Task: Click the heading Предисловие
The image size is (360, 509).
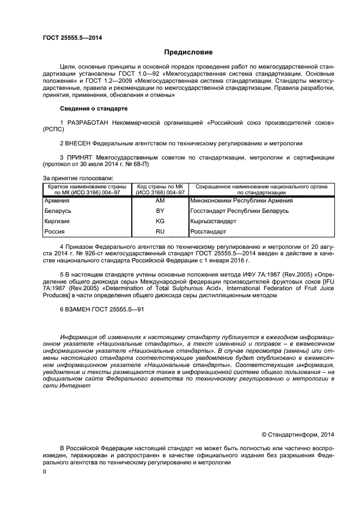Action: click(x=188, y=52)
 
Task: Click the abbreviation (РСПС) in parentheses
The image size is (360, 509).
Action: click(x=53, y=130)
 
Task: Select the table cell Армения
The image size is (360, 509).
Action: click(x=57, y=200)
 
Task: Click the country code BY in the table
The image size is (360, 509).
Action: click(x=160, y=211)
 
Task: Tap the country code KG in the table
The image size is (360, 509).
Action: click(x=160, y=222)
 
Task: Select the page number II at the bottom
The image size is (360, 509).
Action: click(x=45, y=473)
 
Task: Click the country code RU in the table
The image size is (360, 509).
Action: click(x=160, y=232)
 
